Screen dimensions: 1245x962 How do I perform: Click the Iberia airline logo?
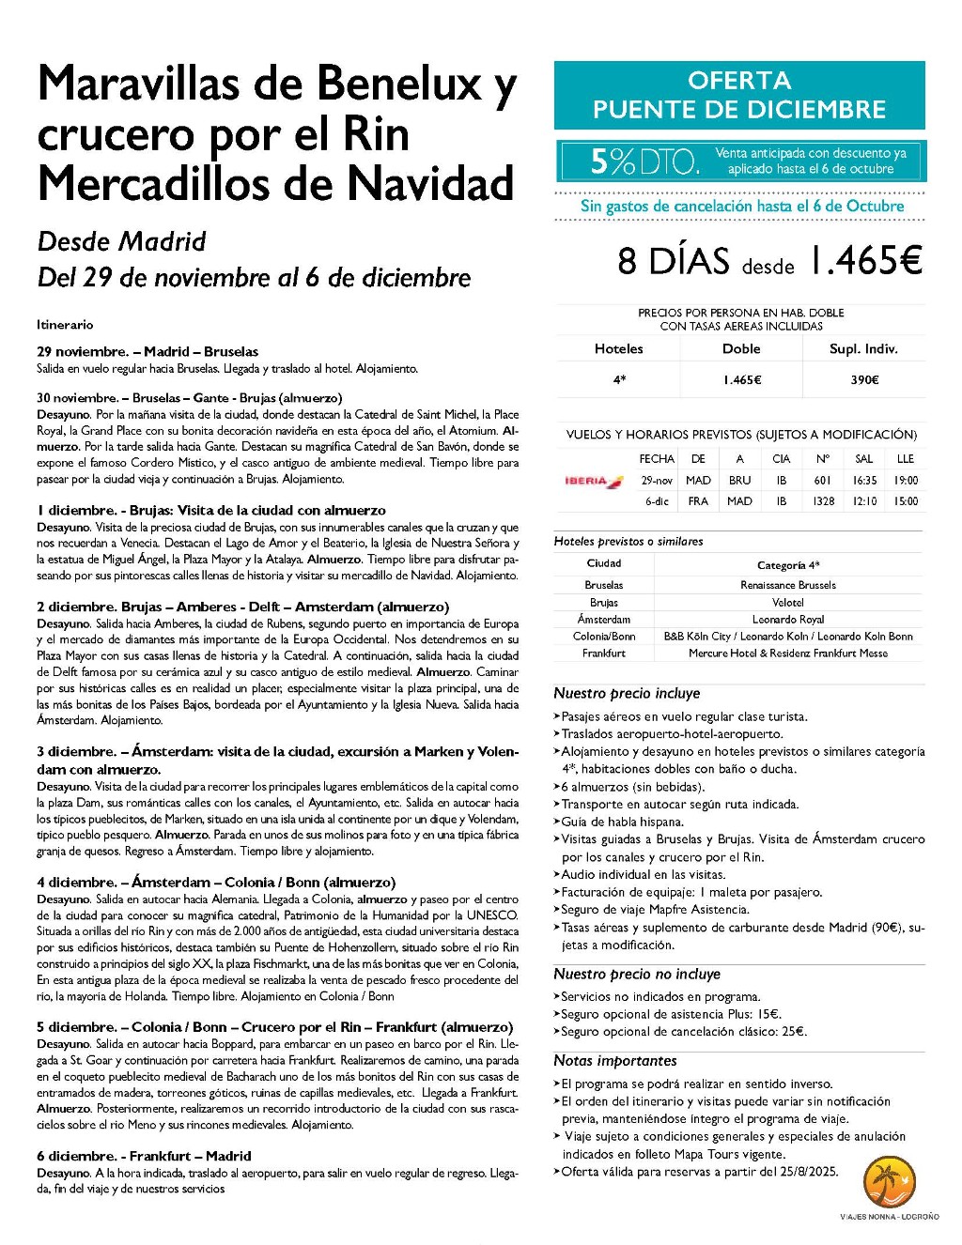593,481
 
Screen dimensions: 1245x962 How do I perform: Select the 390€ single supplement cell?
863,380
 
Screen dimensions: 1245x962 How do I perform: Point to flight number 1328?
823,501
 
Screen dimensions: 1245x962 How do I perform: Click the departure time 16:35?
864,481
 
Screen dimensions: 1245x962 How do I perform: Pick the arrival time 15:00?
906,501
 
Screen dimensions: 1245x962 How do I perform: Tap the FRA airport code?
698,501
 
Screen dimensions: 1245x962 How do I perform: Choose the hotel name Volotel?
787,603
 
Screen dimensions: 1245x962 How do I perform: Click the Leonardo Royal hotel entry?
787,620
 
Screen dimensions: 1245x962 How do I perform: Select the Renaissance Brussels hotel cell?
787,585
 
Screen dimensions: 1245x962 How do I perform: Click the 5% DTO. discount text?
644,161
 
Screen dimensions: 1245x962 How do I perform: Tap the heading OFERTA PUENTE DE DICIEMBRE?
738,95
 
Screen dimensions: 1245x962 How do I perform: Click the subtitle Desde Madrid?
121,241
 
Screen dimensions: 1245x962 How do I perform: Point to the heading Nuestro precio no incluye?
636,975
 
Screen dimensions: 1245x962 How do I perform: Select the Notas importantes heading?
614,1061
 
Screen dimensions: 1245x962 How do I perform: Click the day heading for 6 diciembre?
144,1156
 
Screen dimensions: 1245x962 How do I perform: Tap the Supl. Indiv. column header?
863,348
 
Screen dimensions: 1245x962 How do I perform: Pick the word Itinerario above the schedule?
65,325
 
